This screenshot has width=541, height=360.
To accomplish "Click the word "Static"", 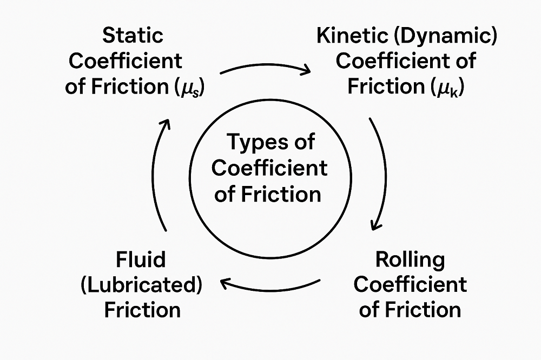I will tap(133, 36).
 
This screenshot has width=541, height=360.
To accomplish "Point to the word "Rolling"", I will tap(410, 259).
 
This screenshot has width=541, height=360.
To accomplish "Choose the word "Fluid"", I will tap(141, 259).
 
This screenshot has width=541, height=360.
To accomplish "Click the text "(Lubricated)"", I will tap(141, 285).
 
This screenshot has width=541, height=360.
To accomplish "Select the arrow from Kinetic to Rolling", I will tap(380, 173).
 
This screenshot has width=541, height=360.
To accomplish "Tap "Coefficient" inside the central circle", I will tap(269, 168).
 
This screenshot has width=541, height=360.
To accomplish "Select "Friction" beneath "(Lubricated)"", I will tap(142, 310).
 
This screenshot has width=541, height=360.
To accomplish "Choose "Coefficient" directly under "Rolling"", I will tap(410, 285).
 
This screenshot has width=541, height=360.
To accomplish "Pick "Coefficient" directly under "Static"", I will tap(126, 61).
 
